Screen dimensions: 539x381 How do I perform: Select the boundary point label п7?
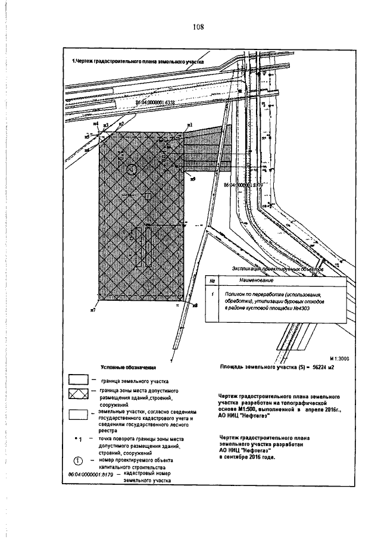coord(93,310)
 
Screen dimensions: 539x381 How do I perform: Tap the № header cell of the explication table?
coord(213,279)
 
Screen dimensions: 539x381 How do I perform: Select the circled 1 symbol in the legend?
coord(79,461)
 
